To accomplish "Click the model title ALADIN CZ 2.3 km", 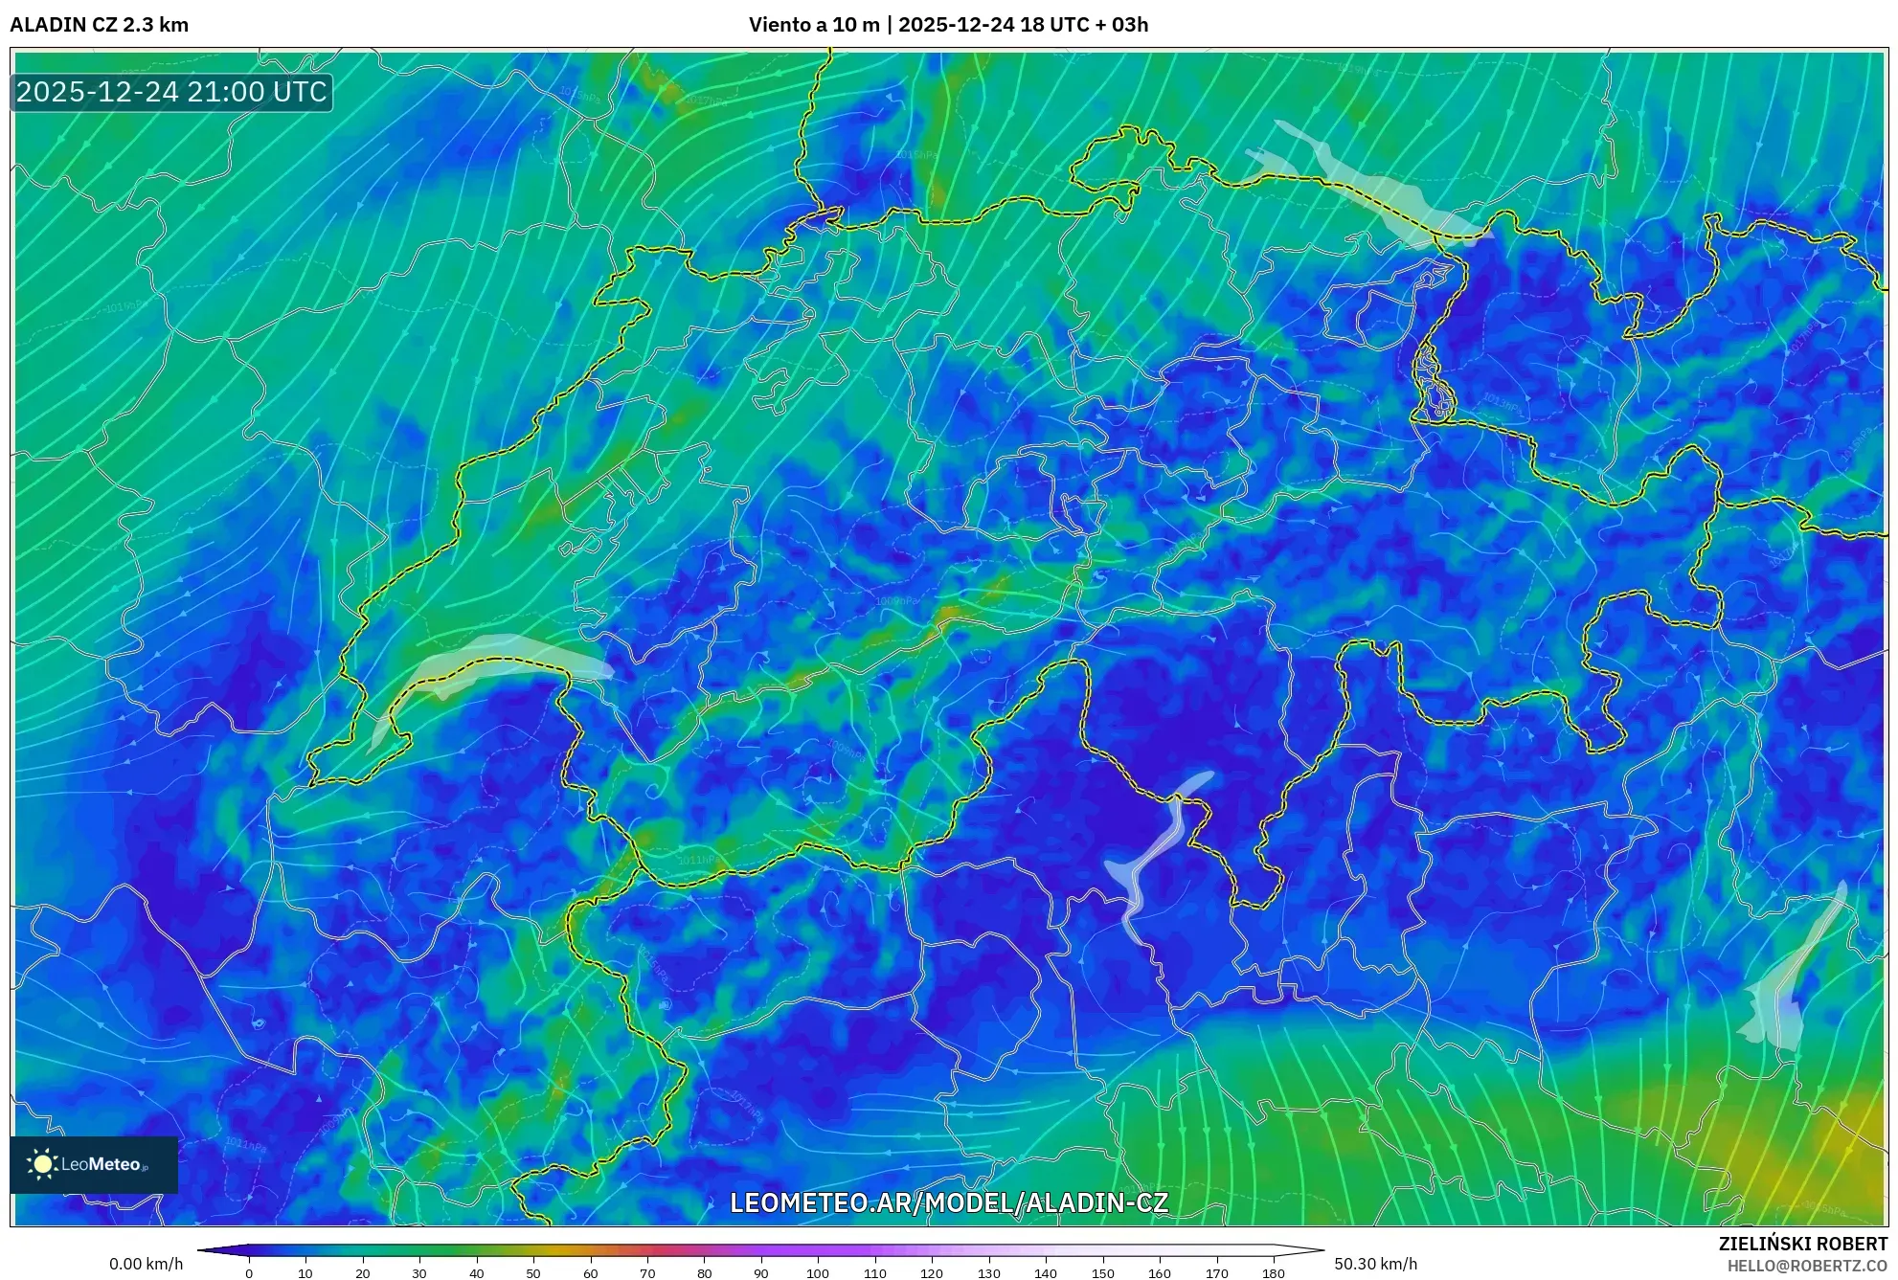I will pyautogui.click(x=99, y=25).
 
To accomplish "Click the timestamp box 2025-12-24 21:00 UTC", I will pyautogui.click(x=171, y=92).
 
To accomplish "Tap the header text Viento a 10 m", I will pyautogui.click(x=813, y=25).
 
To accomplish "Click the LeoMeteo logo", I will pyautogui.click(x=94, y=1164).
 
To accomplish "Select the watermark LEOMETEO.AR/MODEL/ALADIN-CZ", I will pyautogui.click(x=948, y=1202).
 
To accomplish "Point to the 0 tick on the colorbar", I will pyautogui.click(x=249, y=1273).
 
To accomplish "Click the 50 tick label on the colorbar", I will pyautogui.click(x=533, y=1273).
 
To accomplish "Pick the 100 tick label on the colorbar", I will pyautogui.click(x=817, y=1273).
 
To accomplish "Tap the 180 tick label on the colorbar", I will pyautogui.click(x=1273, y=1273).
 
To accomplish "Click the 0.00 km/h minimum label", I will pyautogui.click(x=146, y=1264).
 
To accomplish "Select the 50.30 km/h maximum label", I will pyautogui.click(x=1375, y=1264).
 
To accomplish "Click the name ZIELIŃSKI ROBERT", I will pyautogui.click(x=1802, y=1244).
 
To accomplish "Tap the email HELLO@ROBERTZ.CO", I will pyautogui.click(x=1807, y=1266).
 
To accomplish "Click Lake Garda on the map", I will pyautogui.click(x=1786, y=986).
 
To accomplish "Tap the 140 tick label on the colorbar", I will pyautogui.click(x=1045, y=1273).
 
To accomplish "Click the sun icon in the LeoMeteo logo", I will pyautogui.click(x=42, y=1164).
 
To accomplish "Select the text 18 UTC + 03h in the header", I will pyautogui.click(x=1083, y=25).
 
